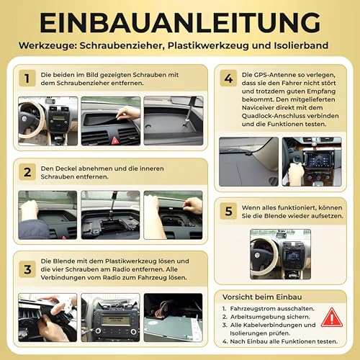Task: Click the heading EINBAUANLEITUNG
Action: [180, 22]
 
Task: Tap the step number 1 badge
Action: [26, 78]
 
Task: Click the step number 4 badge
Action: [229, 78]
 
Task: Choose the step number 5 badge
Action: [229, 212]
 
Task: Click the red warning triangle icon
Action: [331, 317]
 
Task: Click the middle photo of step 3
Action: [109, 317]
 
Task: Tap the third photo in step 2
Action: [173, 215]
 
